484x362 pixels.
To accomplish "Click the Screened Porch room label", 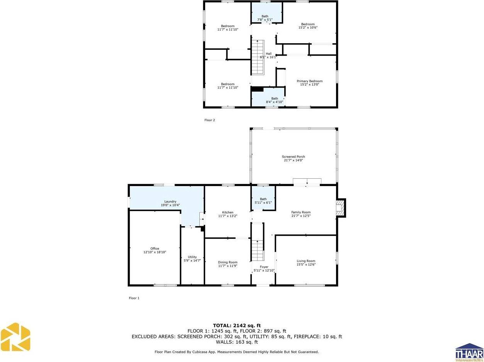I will click(293, 157).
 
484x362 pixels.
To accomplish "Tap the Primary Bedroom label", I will click(309, 81).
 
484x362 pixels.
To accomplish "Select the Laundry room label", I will click(170, 201).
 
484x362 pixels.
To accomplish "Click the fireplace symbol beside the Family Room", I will click(340, 207).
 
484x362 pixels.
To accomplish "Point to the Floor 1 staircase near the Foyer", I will click(257, 250).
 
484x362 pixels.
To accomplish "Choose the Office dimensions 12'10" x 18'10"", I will click(155, 252).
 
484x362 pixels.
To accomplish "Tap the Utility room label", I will click(192, 257).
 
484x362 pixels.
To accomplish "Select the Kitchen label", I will click(228, 212).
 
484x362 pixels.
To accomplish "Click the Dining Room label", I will click(228, 262).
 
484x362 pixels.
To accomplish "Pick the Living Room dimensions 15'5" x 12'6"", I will click(306, 265).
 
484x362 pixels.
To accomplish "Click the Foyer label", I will click(264, 267).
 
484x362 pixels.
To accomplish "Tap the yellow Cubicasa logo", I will click(15, 337).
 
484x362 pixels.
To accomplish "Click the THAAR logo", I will click(469, 352).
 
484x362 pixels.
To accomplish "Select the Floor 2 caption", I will click(210, 120).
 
